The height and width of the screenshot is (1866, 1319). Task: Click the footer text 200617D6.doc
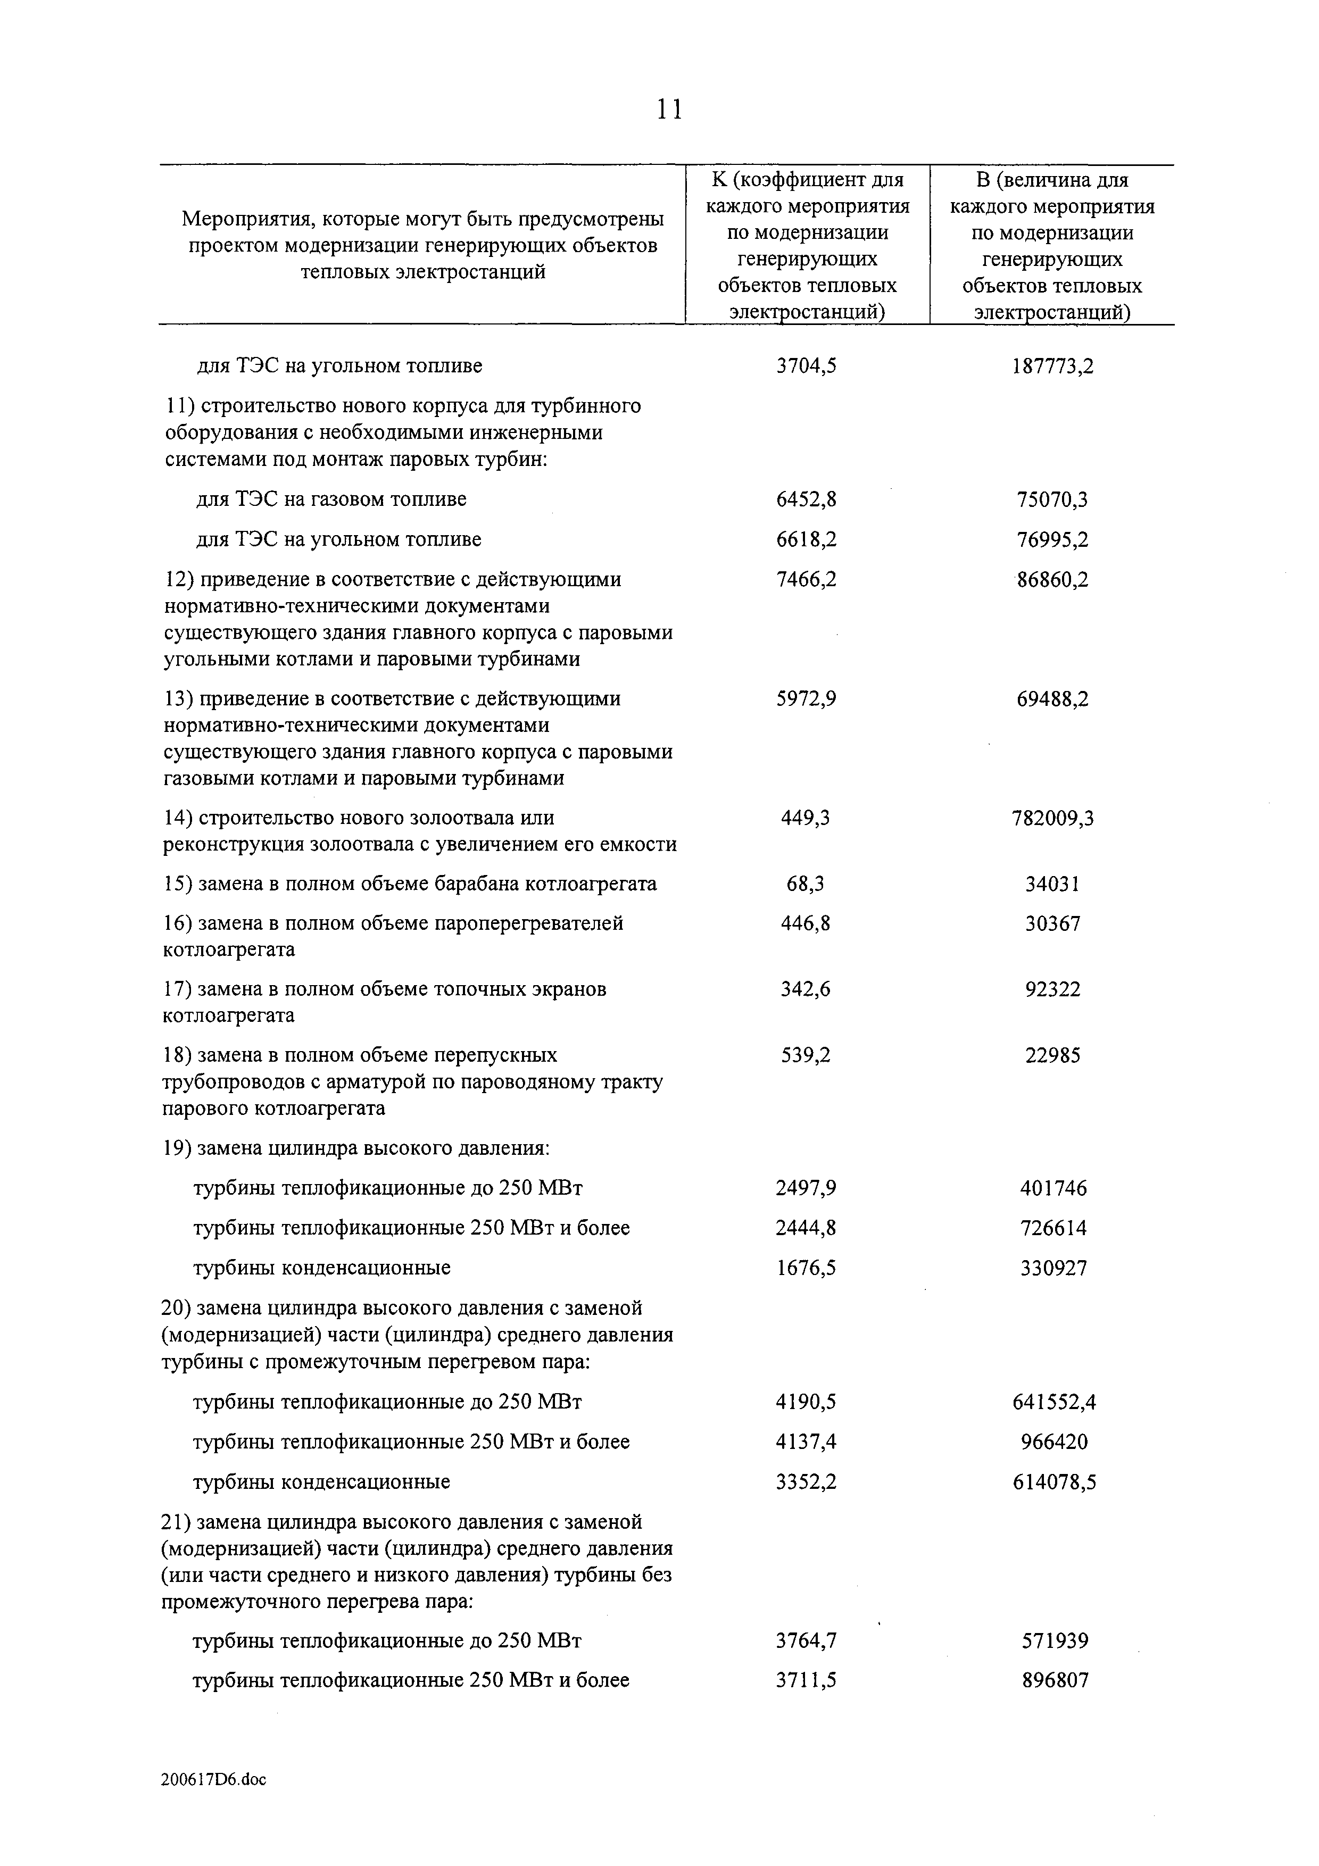[x=214, y=1780]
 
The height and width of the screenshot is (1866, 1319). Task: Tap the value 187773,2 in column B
[x=1052, y=366]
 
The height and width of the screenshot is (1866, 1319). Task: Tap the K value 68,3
[x=806, y=884]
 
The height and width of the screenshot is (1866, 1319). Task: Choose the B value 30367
[x=1052, y=924]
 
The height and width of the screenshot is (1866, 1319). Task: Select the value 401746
[x=1052, y=1189]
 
